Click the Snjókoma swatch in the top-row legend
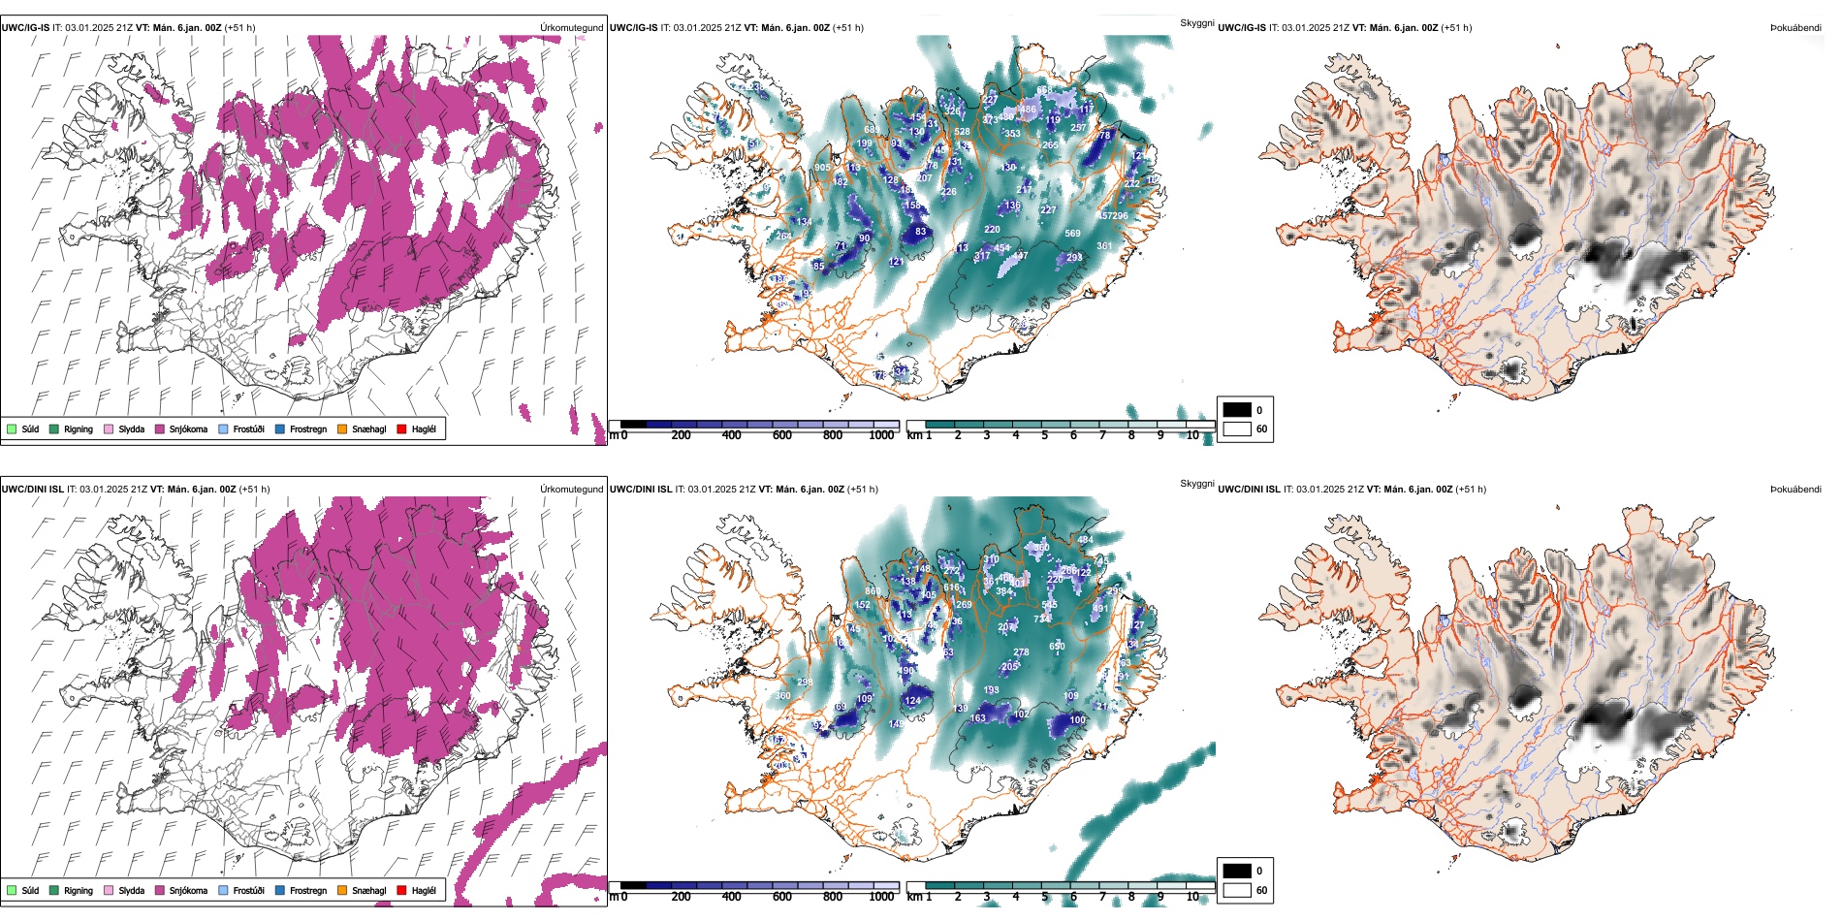click(160, 429)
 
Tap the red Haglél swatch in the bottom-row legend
click(401, 890)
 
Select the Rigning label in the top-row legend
click(78, 429)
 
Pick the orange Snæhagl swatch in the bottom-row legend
click(342, 890)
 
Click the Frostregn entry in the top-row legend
click(307, 429)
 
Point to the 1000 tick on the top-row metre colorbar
click(881, 435)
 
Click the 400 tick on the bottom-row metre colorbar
click(731, 897)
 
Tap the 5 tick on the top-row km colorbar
click(1044, 435)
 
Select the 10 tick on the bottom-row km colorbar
click(1191, 897)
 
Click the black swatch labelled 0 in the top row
click(1237, 410)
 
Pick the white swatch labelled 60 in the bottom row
click(1237, 890)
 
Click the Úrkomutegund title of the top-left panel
click(571, 28)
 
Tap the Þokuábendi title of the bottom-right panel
click(1795, 490)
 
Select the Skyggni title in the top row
click(1196, 22)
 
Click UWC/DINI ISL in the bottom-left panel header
click(32, 490)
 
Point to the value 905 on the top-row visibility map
click(822, 168)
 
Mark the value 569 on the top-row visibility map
click(1072, 234)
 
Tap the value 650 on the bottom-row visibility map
click(1057, 646)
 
